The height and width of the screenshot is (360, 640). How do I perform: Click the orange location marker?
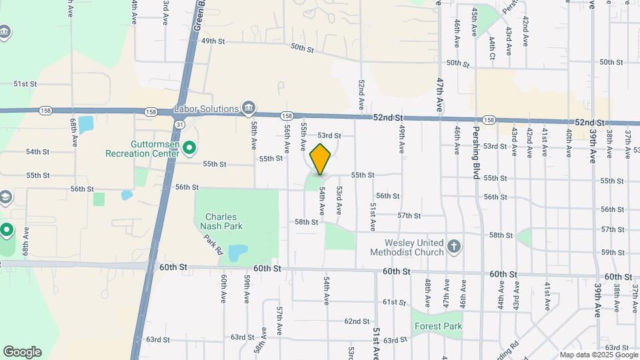click(x=321, y=159)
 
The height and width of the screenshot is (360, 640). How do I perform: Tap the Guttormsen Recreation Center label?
click(x=142, y=147)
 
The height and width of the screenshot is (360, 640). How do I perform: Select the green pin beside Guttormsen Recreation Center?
click(x=189, y=147)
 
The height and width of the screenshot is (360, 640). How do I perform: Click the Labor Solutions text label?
click(x=206, y=109)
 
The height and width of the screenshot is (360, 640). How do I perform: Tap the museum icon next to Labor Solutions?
click(x=249, y=107)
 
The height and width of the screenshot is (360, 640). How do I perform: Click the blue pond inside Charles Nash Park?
click(x=237, y=253)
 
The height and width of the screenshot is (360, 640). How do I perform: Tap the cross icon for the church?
click(x=454, y=247)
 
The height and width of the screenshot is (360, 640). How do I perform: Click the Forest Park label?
click(x=438, y=326)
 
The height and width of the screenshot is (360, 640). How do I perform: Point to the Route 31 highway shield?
click(x=181, y=125)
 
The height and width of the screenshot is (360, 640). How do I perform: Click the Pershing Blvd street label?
click(x=477, y=146)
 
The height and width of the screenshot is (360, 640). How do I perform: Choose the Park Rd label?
click(x=213, y=245)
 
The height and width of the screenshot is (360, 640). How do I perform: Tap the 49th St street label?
click(x=214, y=41)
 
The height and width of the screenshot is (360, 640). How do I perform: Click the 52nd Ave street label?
click(x=361, y=95)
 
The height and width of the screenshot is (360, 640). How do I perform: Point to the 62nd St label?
click(x=357, y=321)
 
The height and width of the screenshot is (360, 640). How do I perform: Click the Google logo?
click(x=22, y=352)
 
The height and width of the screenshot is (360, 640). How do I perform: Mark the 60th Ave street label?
click(x=225, y=287)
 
